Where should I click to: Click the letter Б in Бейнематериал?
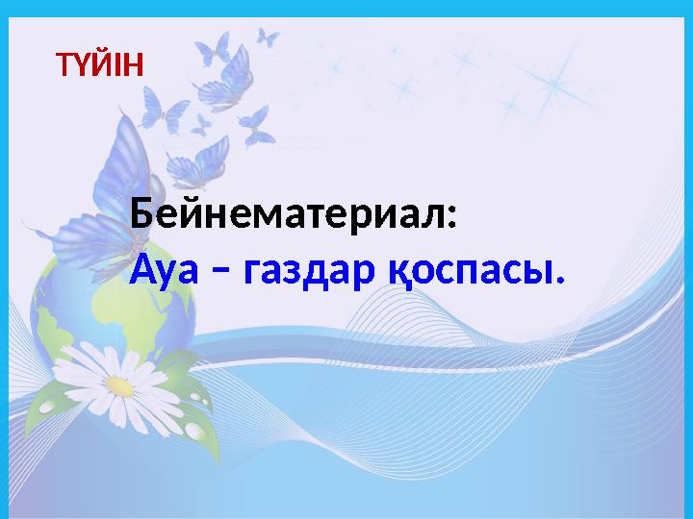coord(142,213)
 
